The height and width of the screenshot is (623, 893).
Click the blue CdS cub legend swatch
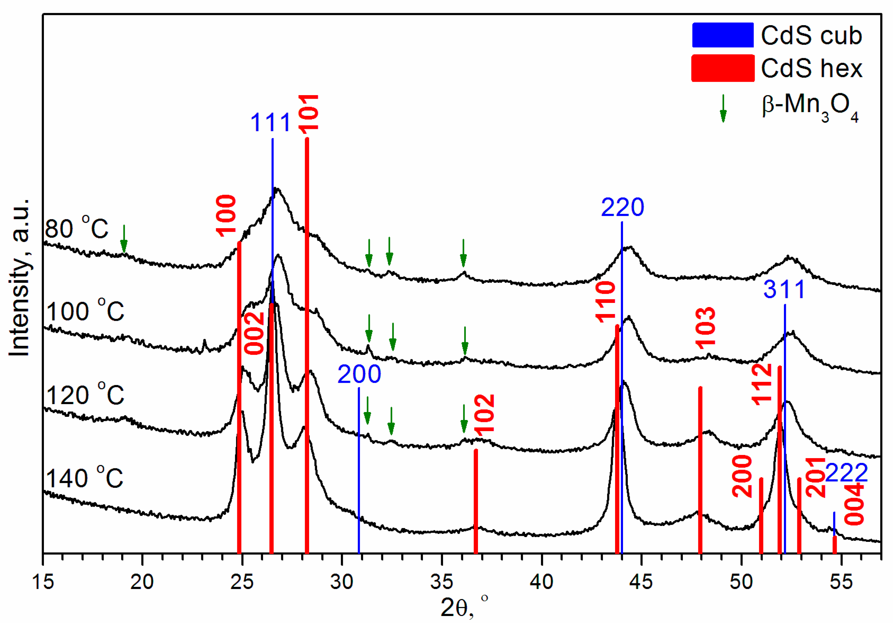(x=723, y=35)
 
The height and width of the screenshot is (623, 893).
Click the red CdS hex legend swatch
(x=723, y=68)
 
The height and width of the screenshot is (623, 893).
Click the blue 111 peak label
(x=270, y=122)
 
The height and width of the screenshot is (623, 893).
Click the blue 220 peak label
(x=622, y=207)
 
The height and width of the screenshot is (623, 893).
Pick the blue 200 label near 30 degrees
(x=359, y=374)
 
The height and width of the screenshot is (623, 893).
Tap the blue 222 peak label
(x=846, y=473)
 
